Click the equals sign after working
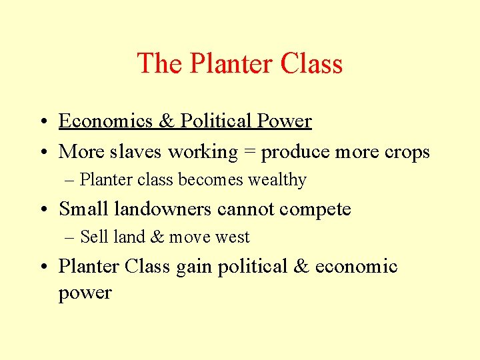[x=249, y=153]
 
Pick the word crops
[x=407, y=153]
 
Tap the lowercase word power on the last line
[x=85, y=293]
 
